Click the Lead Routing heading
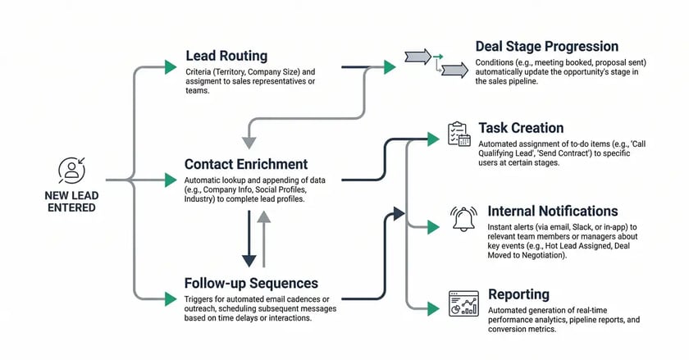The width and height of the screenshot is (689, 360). click(x=226, y=56)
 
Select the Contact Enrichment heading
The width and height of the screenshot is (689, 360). click(x=246, y=164)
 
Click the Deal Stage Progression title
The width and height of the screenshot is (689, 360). click(x=547, y=47)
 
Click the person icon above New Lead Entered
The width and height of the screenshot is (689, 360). click(x=71, y=170)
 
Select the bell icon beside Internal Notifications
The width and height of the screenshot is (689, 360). click(x=463, y=219)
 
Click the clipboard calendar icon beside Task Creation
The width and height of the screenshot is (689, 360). click(x=459, y=134)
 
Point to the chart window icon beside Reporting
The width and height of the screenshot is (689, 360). click(x=463, y=303)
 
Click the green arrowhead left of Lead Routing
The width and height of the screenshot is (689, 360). click(x=171, y=66)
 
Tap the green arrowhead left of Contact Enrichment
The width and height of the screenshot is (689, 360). click(x=171, y=179)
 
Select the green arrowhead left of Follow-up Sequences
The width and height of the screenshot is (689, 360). click(x=171, y=298)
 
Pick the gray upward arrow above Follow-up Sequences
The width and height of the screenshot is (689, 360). click(x=262, y=238)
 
